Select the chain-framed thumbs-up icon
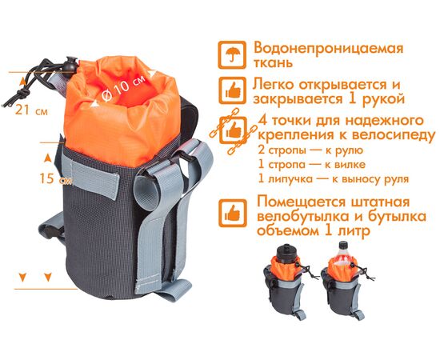click(233, 129)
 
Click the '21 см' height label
click(30, 111)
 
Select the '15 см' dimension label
click(30, 179)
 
